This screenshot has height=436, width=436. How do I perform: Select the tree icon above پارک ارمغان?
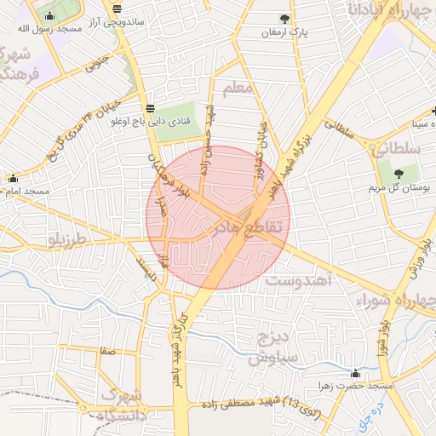click(x=284, y=18)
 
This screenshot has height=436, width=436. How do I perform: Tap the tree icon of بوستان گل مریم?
click(x=399, y=174)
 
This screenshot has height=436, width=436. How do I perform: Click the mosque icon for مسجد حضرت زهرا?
click(x=355, y=373)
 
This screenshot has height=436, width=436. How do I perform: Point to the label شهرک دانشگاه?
click(x=124, y=405)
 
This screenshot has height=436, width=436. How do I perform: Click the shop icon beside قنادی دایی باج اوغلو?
click(x=151, y=107)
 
